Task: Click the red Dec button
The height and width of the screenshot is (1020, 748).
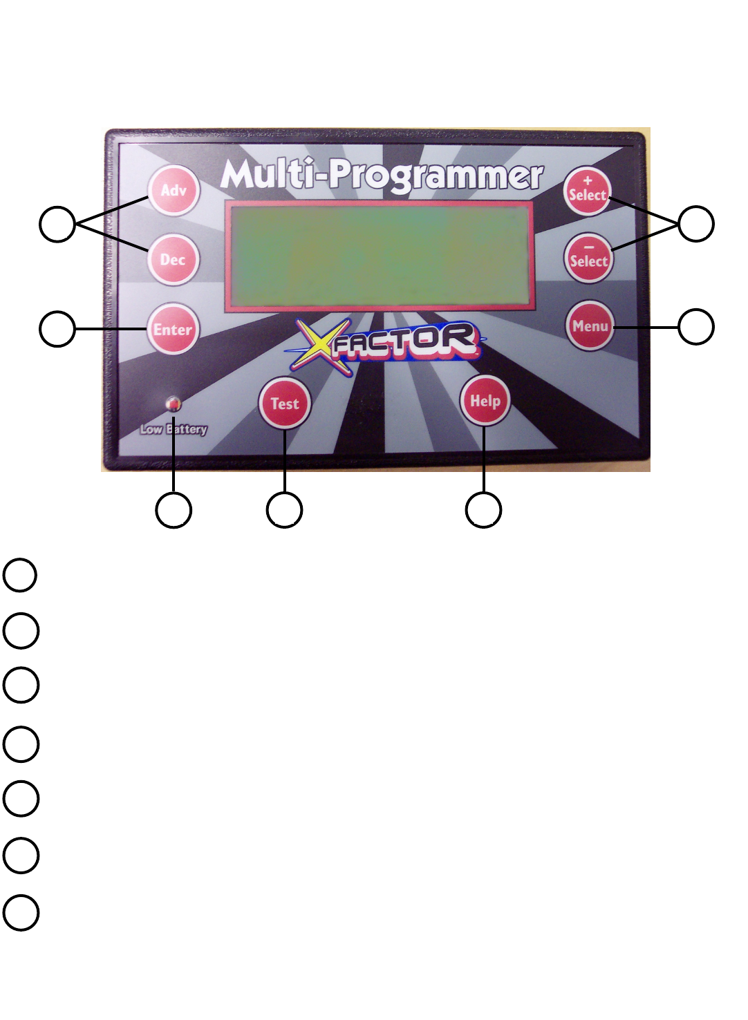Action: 173,260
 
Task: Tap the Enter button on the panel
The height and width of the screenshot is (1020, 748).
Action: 172,330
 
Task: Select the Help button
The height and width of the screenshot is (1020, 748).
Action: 485,401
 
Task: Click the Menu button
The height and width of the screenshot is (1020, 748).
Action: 590,326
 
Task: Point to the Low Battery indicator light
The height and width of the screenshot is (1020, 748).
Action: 173,403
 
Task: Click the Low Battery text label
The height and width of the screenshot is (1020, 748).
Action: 174,429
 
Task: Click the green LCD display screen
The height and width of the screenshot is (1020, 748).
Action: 380,256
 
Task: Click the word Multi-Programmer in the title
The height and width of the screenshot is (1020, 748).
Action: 382,176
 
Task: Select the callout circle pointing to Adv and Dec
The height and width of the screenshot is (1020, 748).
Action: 57,224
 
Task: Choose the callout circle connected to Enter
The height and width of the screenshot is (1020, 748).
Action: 57,329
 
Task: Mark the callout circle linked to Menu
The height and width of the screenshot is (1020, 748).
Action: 695,327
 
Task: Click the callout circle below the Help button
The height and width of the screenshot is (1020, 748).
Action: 484,511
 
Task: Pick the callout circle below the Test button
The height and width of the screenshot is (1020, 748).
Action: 284,511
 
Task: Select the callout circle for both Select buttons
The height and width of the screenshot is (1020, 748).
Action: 695,224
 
